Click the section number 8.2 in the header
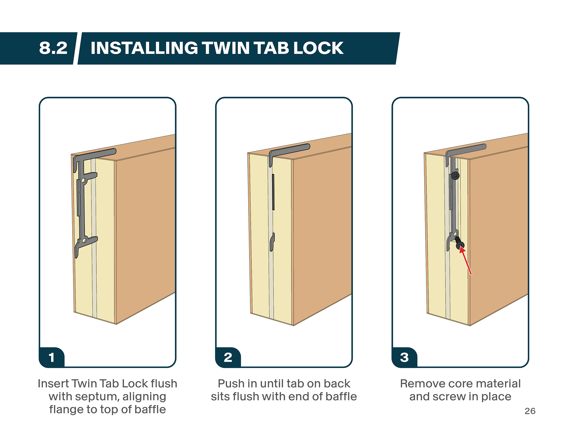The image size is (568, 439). coord(53,48)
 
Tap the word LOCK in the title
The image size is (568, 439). coord(318,48)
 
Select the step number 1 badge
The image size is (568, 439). coord(52,357)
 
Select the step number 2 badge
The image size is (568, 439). coord(228,357)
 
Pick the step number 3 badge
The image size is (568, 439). coord(404,357)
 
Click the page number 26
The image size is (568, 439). coord(530,411)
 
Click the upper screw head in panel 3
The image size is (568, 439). coord(455,176)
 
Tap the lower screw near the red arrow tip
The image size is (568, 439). coord(459,243)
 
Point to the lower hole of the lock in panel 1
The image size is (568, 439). coord(84,241)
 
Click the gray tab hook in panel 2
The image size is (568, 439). coord(272,242)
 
